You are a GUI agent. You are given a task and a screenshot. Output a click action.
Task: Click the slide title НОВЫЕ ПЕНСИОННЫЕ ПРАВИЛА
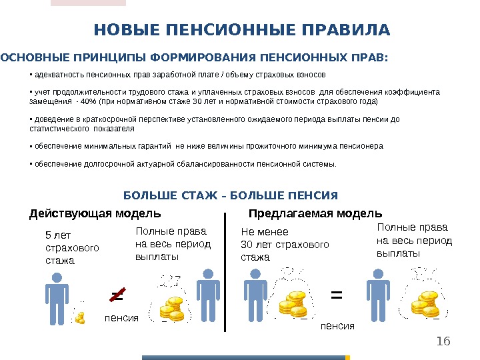pos(242,31)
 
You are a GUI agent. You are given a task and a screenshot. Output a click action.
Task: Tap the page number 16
pos(443,342)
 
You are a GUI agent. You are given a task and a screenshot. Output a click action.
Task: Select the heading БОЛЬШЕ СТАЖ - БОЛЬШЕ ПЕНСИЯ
pos(231,196)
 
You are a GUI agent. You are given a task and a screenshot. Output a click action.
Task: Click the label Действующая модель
pos(95,214)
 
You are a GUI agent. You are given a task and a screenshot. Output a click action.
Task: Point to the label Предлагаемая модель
pos(315,214)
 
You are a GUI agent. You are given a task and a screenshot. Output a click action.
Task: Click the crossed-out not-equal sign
pos(117,293)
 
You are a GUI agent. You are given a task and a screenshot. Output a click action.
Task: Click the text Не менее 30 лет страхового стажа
pos(285,244)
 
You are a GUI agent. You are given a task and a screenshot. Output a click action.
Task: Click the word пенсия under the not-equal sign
pos(121,318)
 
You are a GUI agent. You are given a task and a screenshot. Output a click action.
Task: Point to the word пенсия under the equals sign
pos(338,325)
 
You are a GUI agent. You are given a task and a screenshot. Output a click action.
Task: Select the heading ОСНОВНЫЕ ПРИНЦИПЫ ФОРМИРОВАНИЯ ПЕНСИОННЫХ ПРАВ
pos(193,57)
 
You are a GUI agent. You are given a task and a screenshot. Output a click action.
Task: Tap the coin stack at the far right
pos(424,304)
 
